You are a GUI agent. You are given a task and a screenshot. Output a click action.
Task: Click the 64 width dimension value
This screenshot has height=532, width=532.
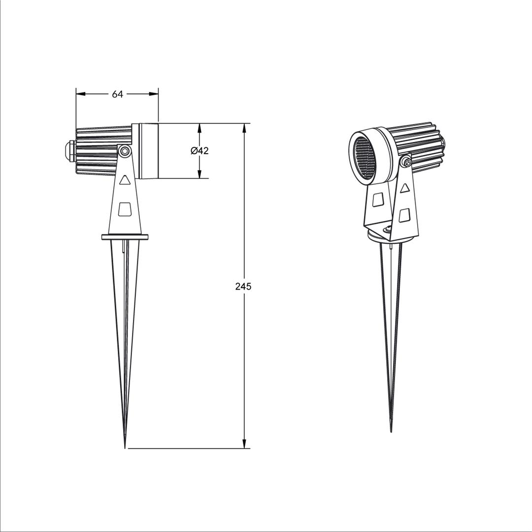(x=117, y=94)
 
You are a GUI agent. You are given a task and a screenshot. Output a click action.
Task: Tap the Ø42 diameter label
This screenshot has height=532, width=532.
(x=199, y=151)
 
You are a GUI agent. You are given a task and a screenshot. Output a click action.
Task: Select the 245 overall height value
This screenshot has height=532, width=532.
(x=243, y=286)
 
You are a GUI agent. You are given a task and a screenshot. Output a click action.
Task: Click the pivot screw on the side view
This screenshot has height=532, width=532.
(x=125, y=151)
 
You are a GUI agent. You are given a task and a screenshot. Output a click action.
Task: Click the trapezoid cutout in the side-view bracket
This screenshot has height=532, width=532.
(x=125, y=209)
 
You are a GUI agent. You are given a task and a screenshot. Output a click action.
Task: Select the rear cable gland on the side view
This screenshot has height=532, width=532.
(x=68, y=151)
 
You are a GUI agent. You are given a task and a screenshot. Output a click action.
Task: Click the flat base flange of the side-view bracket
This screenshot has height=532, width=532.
(x=125, y=237)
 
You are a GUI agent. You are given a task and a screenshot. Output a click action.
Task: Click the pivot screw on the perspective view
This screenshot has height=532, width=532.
(x=406, y=161)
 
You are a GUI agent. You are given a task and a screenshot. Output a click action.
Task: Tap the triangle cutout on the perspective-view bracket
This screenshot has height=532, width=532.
(x=405, y=188)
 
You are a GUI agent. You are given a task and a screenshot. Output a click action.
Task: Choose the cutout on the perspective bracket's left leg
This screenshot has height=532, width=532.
(x=379, y=199)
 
